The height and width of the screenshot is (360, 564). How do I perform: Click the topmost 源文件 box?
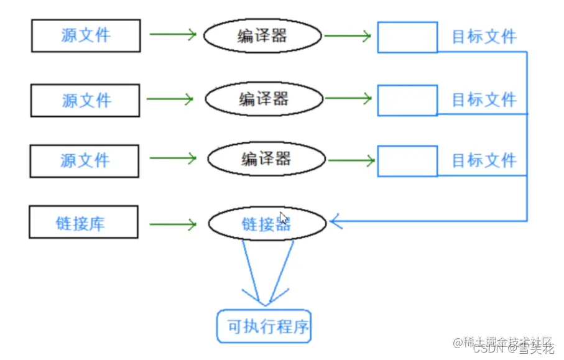click(x=86, y=35)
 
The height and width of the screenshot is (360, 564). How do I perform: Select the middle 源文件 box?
click(x=86, y=100)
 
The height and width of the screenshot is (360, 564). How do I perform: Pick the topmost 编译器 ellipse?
click(x=262, y=36)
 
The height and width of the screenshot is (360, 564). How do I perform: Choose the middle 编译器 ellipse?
click(x=264, y=99)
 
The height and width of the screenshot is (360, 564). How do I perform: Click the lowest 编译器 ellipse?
click(x=266, y=159)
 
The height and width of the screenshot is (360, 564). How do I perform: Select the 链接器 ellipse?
click(x=266, y=223)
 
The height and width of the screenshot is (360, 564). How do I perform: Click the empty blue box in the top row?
click(x=407, y=37)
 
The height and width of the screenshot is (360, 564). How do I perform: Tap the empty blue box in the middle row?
click(x=407, y=100)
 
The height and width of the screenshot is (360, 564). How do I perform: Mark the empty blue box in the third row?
click(x=407, y=161)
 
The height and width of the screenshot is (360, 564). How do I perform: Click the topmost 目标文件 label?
click(x=484, y=37)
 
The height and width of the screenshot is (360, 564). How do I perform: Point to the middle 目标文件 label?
click(x=484, y=99)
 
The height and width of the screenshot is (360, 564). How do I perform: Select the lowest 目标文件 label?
click(x=484, y=160)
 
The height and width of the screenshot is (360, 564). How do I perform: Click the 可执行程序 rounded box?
click(x=264, y=326)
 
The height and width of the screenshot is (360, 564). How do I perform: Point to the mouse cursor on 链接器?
click(x=284, y=218)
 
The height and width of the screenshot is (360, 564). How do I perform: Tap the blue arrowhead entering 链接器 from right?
click(x=336, y=220)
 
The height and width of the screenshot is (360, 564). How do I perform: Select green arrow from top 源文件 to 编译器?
click(x=172, y=35)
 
